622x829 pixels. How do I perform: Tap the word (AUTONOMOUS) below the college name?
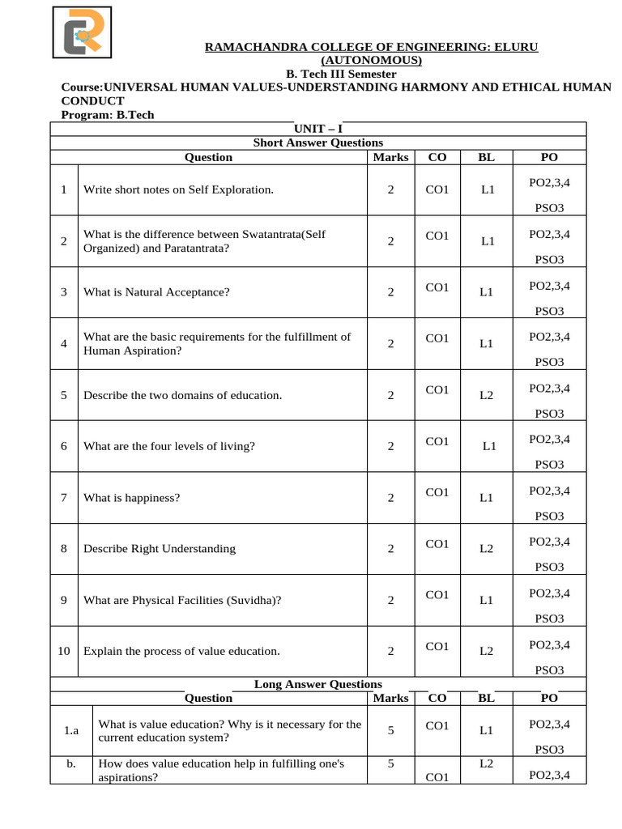pyautogui.click(x=372, y=61)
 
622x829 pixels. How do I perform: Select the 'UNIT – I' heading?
pyautogui.click(x=317, y=129)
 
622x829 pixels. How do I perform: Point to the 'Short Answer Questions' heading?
pyautogui.click(x=317, y=142)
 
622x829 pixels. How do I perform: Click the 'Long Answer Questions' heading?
pyautogui.click(x=317, y=684)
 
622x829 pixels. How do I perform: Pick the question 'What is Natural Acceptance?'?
pyautogui.click(x=156, y=292)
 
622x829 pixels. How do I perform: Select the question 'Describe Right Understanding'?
pyautogui.click(x=160, y=548)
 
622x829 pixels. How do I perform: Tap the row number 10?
pyautogui.click(x=64, y=651)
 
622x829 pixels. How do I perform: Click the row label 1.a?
pyautogui.click(x=71, y=731)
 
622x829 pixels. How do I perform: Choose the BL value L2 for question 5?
pyautogui.click(x=486, y=396)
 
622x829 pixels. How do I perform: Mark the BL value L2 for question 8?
pyautogui.click(x=486, y=549)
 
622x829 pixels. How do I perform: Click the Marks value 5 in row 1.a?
pyautogui.click(x=390, y=730)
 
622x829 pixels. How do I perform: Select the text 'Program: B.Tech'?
pyautogui.click(x=108, y=115)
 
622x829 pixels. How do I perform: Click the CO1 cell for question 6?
pyautogui.click(x=437, y=441)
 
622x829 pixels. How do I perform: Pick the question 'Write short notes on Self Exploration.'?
pyautogui.click(x=179, y=189)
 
